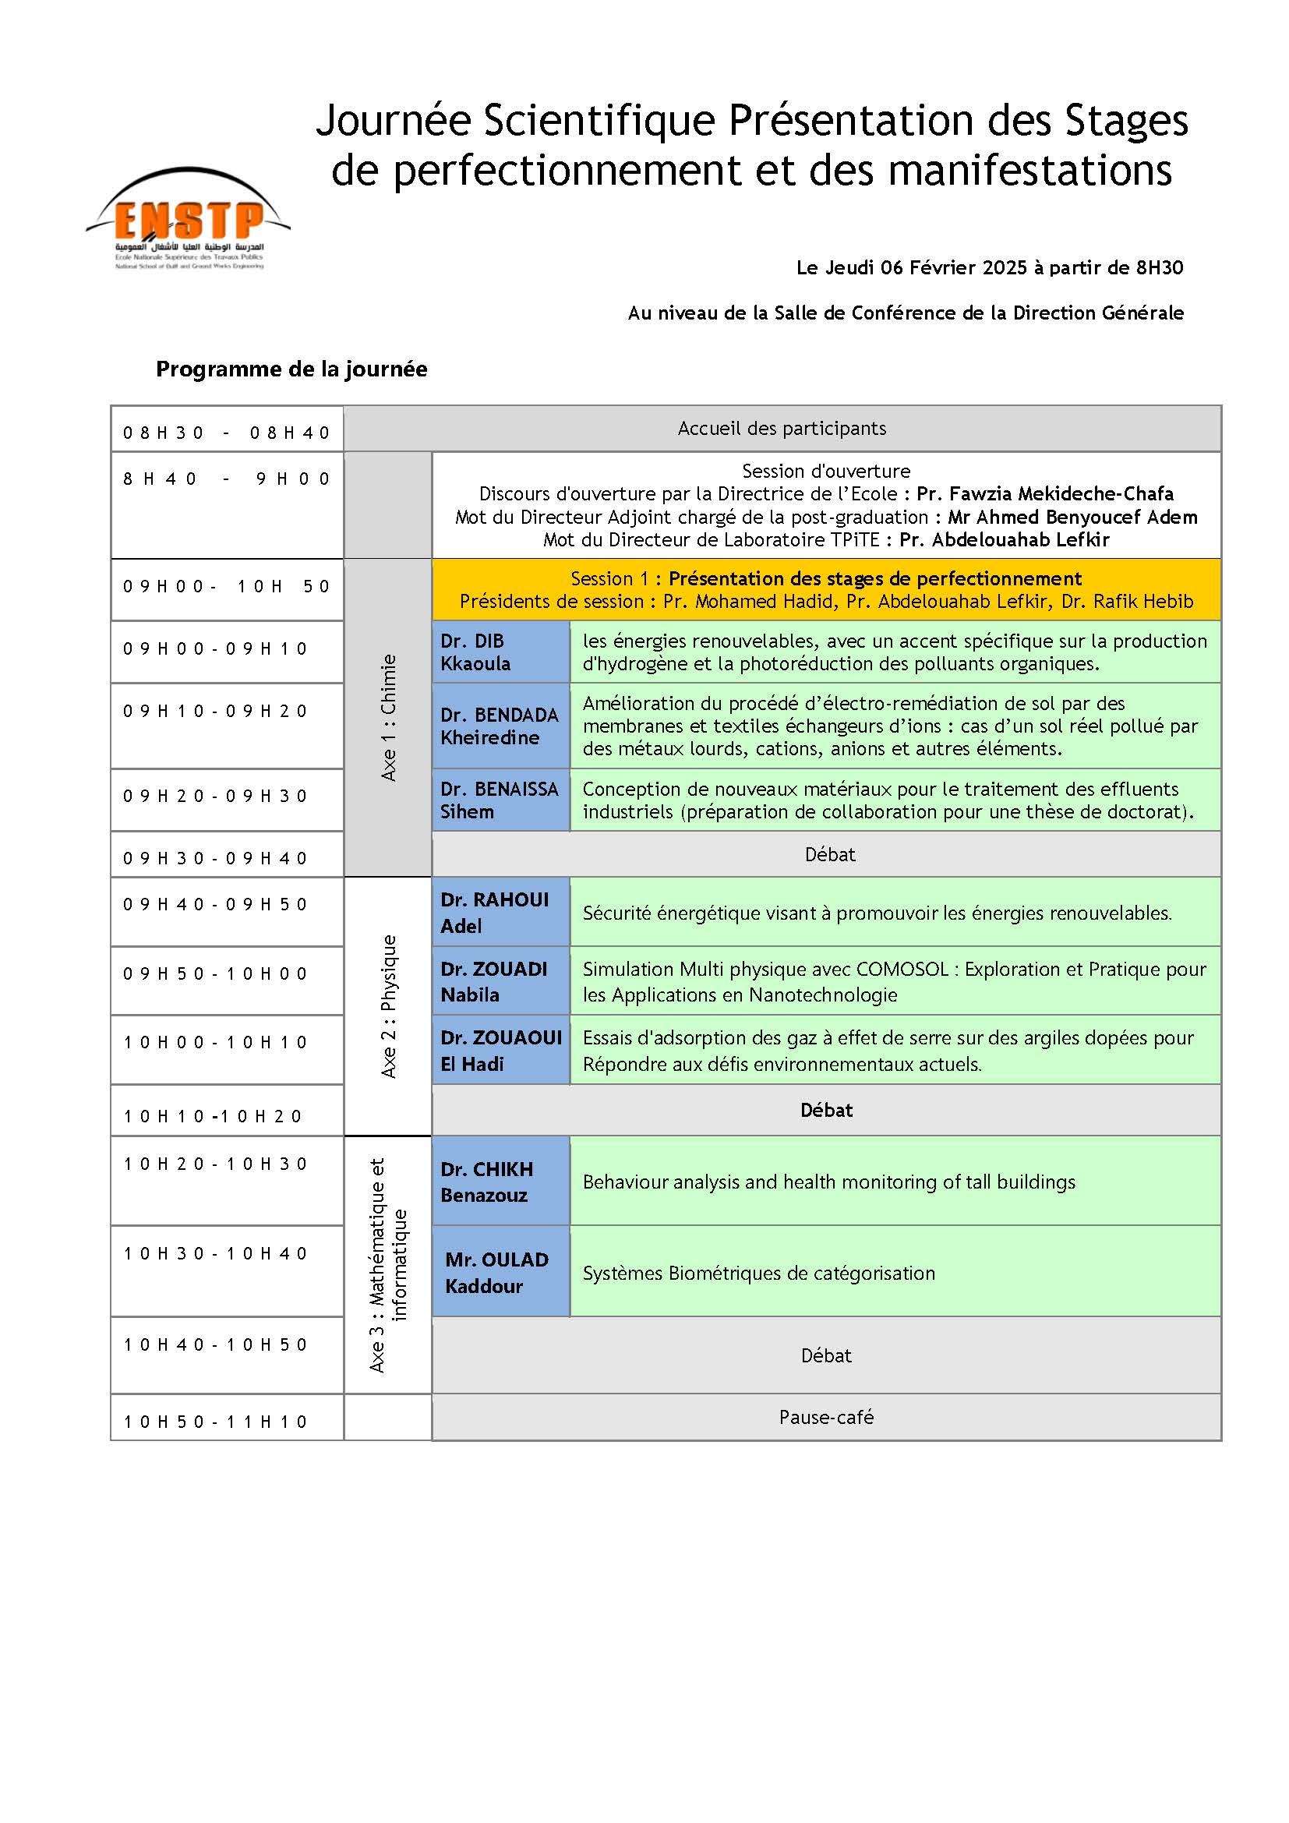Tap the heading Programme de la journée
(291, 369)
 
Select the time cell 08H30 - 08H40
(226, 433)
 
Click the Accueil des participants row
(782, 429)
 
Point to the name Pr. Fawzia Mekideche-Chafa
(1044, 494)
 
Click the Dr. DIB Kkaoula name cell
(500, 652)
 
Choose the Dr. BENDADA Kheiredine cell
(500, 726)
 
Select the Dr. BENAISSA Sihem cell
(500, 800)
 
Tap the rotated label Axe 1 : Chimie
(388, 718)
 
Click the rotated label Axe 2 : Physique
(388, 1006)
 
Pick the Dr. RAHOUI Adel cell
(500, 913)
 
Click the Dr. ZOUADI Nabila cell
(500, 981)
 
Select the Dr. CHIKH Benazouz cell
(500, 1182)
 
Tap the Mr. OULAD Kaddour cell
(500, 1273)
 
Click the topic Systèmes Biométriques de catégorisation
(759, 1274)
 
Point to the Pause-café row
(825, 1417)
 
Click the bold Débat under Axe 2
(825, 1110)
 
